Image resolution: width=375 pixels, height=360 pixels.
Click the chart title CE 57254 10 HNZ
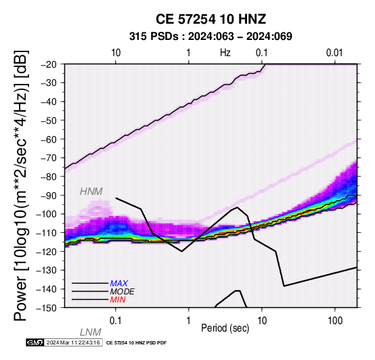coord(211,19)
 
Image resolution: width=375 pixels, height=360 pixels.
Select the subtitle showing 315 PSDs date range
coord(211,37)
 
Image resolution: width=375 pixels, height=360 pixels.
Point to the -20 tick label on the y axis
coord(49,64)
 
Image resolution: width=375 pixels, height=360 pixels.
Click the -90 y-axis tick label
coord(49,196)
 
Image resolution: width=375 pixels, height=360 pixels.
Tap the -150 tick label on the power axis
coord(47,308)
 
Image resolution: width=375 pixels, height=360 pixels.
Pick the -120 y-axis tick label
coord(47,252)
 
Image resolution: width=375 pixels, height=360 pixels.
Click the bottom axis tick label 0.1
coord(116,320)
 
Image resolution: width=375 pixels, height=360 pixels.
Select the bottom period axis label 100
coord(335,320)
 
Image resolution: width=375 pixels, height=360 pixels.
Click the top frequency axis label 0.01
coord(334,53)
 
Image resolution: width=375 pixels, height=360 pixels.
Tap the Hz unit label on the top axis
coord(225,53)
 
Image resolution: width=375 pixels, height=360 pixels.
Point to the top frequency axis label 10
coord(116,53)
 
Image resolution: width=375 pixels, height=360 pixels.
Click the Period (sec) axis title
coord(225,328)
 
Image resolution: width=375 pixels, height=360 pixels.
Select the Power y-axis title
coord(21,185)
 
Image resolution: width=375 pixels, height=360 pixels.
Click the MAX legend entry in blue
coord(119,284)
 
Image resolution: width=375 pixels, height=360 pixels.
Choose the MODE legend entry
coord(123,292)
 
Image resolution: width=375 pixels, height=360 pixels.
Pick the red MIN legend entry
coord(118,300)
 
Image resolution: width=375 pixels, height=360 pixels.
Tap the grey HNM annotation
coord(91,192)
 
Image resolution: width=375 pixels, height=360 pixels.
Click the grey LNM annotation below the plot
coord(91,332)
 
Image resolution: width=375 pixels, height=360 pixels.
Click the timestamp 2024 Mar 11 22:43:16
coord(73,342)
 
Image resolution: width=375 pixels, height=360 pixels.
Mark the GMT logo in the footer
coord(35,342)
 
